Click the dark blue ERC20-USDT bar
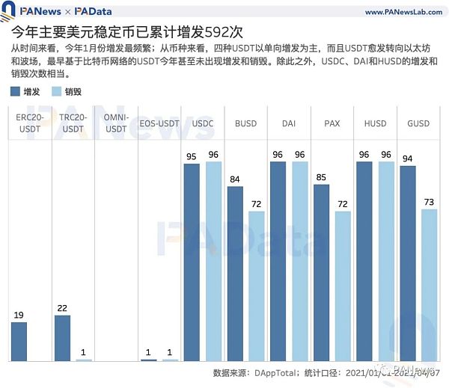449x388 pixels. (19, 342)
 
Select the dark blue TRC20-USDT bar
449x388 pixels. (63, 338)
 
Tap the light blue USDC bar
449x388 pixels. (214, 262)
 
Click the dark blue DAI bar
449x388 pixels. (278, 262)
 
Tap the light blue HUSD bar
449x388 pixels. (386, 262)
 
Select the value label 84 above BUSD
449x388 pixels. (236, 180)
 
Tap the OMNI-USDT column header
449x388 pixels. (116, 123)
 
